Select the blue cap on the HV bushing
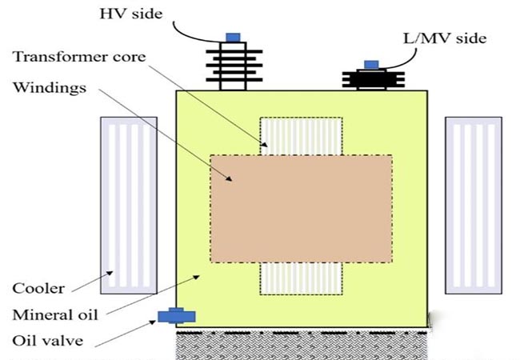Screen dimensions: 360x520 coord(233,37)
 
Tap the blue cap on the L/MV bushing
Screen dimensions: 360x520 coord(371,64)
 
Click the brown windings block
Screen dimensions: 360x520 coord(302,208)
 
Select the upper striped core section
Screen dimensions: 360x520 coord(301,134)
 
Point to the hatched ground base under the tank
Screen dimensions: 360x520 coord(304,344)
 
